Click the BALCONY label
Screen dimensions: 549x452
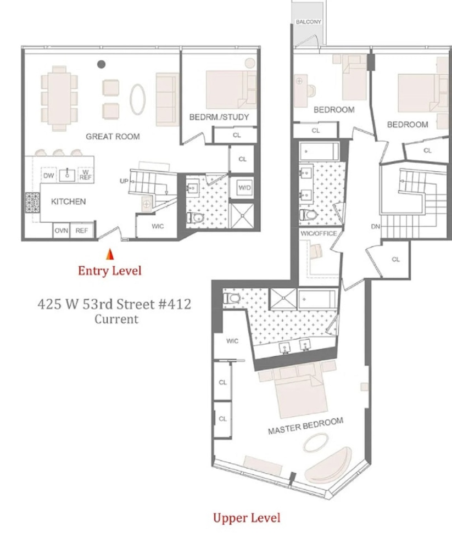coord(308,22)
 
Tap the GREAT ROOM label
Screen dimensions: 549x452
coord(113,136)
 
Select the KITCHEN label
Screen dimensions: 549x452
coord(69,201)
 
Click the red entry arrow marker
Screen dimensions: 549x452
coord(109,254)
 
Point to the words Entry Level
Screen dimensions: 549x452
coord(109,270)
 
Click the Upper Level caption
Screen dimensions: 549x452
coord(247,517)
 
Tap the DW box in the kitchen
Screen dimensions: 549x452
coord(48,175)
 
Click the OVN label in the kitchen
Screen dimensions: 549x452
coord(61,231)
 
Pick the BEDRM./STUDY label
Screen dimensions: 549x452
coord(219,117)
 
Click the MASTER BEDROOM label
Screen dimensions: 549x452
coord(305,426)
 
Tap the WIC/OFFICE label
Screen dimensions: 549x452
coord(319,233)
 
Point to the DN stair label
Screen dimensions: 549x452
coord(375,226)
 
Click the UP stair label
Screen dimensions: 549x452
coord(124,181)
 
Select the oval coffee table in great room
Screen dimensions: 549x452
coord(138,99)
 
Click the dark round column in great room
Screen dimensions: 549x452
coord(101,64)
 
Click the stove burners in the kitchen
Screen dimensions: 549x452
coord(30,203)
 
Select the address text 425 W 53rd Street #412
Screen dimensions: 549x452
coord(114,304)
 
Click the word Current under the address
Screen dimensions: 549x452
coord(116,319)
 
